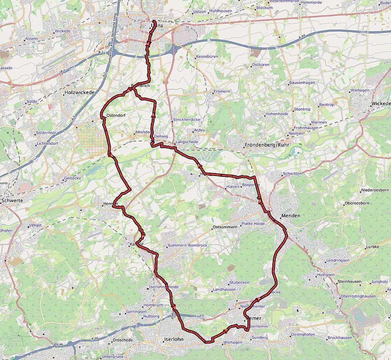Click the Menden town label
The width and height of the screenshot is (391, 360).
291,216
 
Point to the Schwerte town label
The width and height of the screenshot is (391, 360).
12,200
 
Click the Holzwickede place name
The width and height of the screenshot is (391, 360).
80,92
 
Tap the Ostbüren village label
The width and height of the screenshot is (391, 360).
261,65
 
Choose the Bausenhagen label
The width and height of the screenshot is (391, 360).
302,83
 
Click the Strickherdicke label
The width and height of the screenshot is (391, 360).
186,120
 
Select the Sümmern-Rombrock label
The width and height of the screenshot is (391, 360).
187,246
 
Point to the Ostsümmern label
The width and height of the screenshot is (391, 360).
225,227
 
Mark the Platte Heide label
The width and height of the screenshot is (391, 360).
253,224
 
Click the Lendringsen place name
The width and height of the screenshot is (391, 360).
338,260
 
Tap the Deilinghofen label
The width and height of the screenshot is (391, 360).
303,335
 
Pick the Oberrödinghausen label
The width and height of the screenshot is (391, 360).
358,296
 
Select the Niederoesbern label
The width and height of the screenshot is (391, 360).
375,190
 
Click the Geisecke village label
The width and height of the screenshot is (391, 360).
72,179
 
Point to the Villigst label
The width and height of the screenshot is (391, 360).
36,225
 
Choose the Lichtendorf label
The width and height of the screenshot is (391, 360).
47,143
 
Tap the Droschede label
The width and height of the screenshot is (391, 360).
122,340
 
